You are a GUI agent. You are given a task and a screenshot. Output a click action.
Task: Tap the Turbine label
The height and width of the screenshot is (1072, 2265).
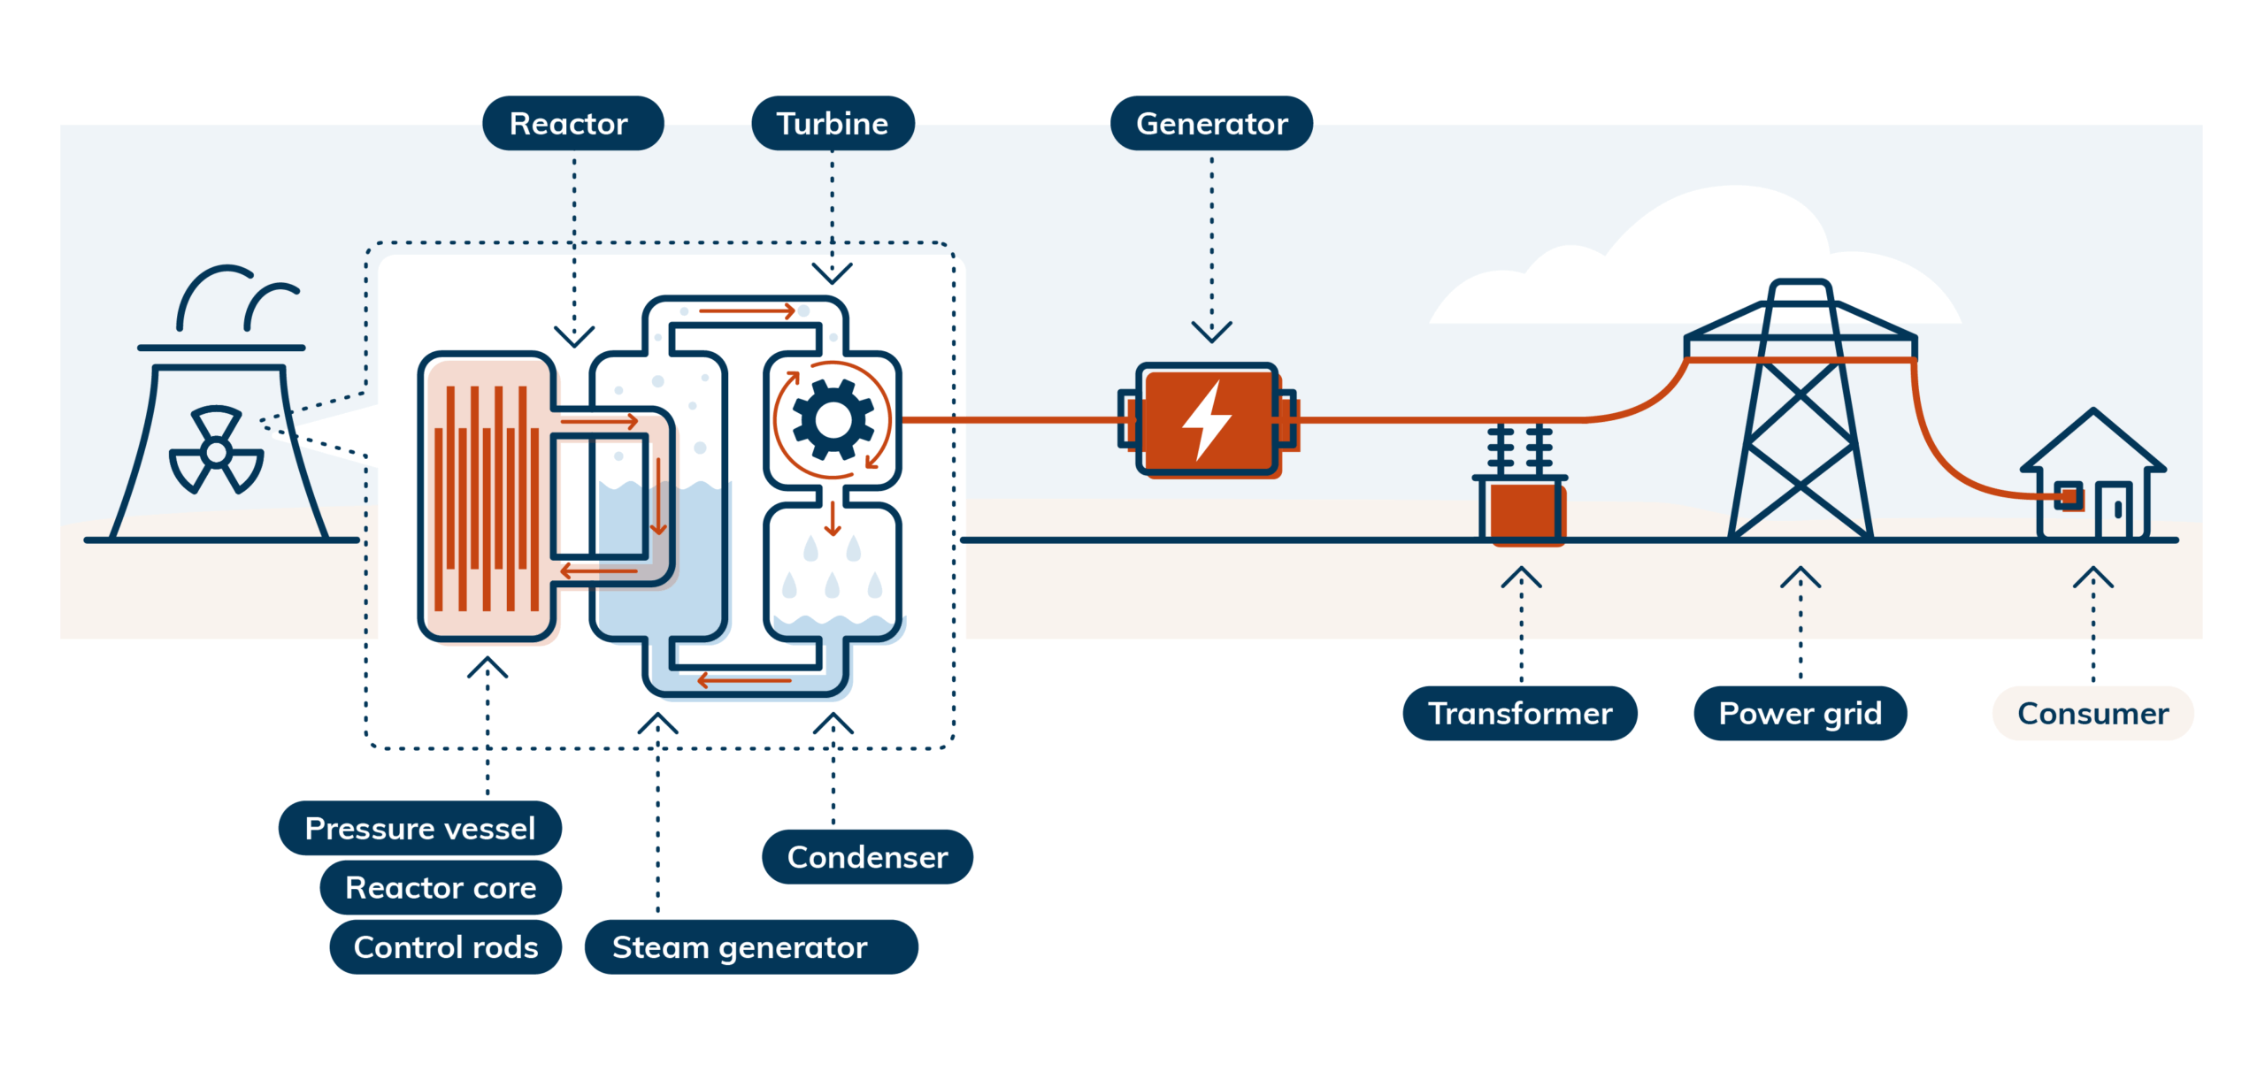click(x=832, y=124)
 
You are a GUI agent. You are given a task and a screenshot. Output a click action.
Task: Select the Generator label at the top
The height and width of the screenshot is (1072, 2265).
click(x=1210, y=124)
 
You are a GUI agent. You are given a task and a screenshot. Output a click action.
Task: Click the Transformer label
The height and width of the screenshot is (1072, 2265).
click(x=1519, y=713)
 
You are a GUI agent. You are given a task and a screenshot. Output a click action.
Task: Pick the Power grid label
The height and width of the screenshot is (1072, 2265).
click(x=1799, y=713)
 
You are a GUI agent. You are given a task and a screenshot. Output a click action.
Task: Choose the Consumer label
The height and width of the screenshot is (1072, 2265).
click(x=2092, y=713)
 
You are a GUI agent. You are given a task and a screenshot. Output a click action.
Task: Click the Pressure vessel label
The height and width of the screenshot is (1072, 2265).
click(x=419, y=828)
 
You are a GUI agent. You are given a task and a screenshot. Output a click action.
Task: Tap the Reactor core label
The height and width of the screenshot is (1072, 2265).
click(x=440, y=887)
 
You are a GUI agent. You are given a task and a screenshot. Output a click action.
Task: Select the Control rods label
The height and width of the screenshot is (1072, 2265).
click(x=445, y=946)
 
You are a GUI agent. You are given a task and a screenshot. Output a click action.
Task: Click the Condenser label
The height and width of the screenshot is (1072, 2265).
click(x=866, y=856)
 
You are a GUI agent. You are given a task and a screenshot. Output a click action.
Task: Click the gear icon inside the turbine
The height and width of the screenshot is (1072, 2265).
click(x=833, y=420)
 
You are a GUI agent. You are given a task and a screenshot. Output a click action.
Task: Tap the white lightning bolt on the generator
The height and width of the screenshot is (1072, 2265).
click(x=1207, y=420)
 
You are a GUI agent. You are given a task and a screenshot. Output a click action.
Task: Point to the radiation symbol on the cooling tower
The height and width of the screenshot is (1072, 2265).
click(x=216, y=451)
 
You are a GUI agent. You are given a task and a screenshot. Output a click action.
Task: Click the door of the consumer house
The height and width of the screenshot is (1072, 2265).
click(x=2113, y=510)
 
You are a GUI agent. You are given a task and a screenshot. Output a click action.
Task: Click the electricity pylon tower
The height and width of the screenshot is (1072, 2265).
click(x=1800, y=416)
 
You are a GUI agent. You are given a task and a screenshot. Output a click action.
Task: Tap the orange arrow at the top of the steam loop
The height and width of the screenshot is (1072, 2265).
click(x=747, y=311)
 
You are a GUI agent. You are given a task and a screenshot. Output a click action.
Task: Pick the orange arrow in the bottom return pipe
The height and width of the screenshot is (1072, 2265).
click(x=743, y=680)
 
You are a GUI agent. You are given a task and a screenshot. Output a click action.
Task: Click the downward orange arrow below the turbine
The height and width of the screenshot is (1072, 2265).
click(x=832, y=519)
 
